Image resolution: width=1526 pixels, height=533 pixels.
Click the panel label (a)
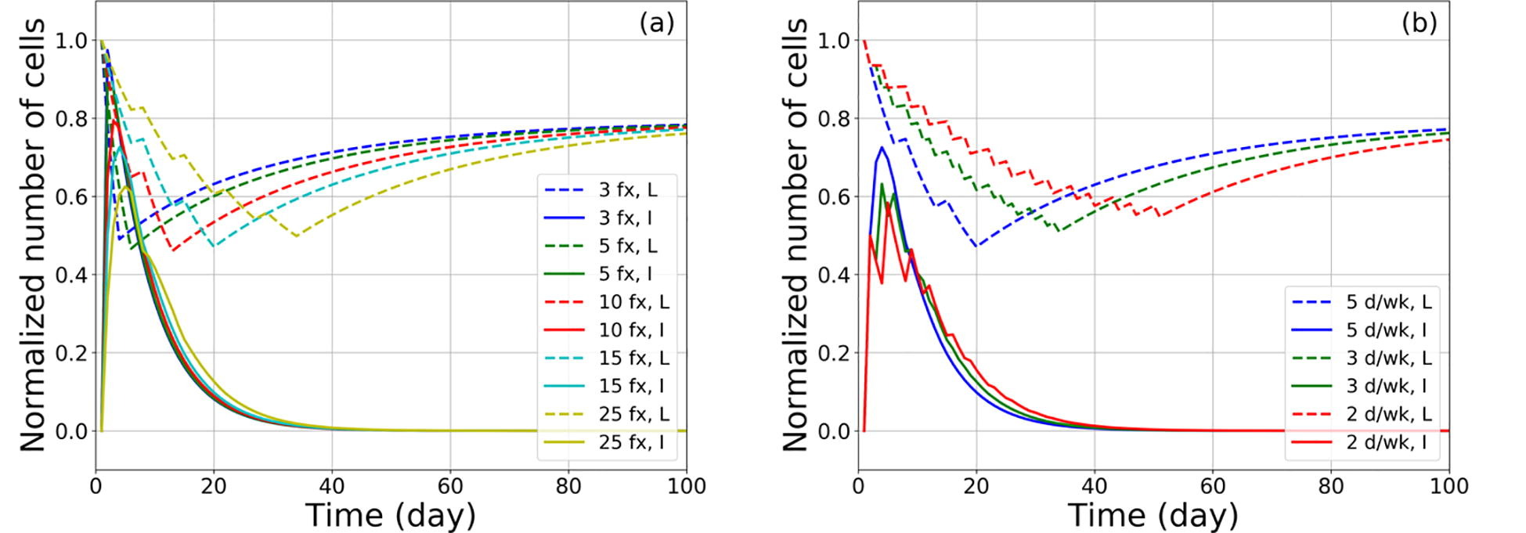[x=656, y=23]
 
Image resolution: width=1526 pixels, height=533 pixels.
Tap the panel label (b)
[x=1419, y=23]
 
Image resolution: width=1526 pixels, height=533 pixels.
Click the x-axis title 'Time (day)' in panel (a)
[x=390, y=515]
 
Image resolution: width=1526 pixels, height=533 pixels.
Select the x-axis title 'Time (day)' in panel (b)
[x=1153, y=515]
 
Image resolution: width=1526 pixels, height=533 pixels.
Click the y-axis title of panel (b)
[x=794, y=235]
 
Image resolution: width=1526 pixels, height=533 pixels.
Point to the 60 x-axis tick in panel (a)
[x=449, y=487]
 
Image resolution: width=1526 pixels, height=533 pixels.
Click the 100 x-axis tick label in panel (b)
[x=1448, y=487]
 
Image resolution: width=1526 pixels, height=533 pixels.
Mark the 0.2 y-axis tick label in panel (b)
[x=833, y=353]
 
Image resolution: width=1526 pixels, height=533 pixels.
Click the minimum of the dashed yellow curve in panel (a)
[x=297, y=236]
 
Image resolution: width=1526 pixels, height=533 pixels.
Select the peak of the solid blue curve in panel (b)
[x=882, y=147]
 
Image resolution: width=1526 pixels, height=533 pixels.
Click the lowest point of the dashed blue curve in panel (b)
[x=976, y=247]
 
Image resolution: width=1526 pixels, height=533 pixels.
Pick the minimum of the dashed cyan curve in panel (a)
[x=214, y=247]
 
